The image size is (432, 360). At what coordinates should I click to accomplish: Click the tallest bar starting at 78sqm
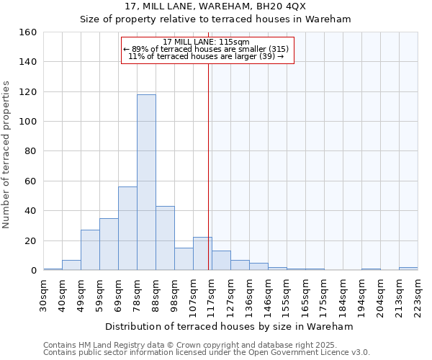(x=146, y=182)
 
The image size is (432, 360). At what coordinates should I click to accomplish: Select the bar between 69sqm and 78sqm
(x=127, y=228)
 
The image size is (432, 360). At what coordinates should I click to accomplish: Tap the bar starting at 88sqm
(x=165, y=238)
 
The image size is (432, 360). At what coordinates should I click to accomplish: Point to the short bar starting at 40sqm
(x=71, y=265)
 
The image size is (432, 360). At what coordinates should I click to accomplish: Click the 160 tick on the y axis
(x=28, y=32)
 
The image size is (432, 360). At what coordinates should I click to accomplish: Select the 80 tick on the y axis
(x=31, y=152)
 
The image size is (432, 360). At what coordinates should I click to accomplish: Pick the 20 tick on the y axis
(x=31, y=241)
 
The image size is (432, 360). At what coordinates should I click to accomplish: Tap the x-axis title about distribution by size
(x=229, y=326)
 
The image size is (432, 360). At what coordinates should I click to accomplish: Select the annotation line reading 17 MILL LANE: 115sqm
(x=206, y=42)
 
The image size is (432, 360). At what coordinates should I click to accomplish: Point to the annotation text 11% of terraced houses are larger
(x=206, y=56)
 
